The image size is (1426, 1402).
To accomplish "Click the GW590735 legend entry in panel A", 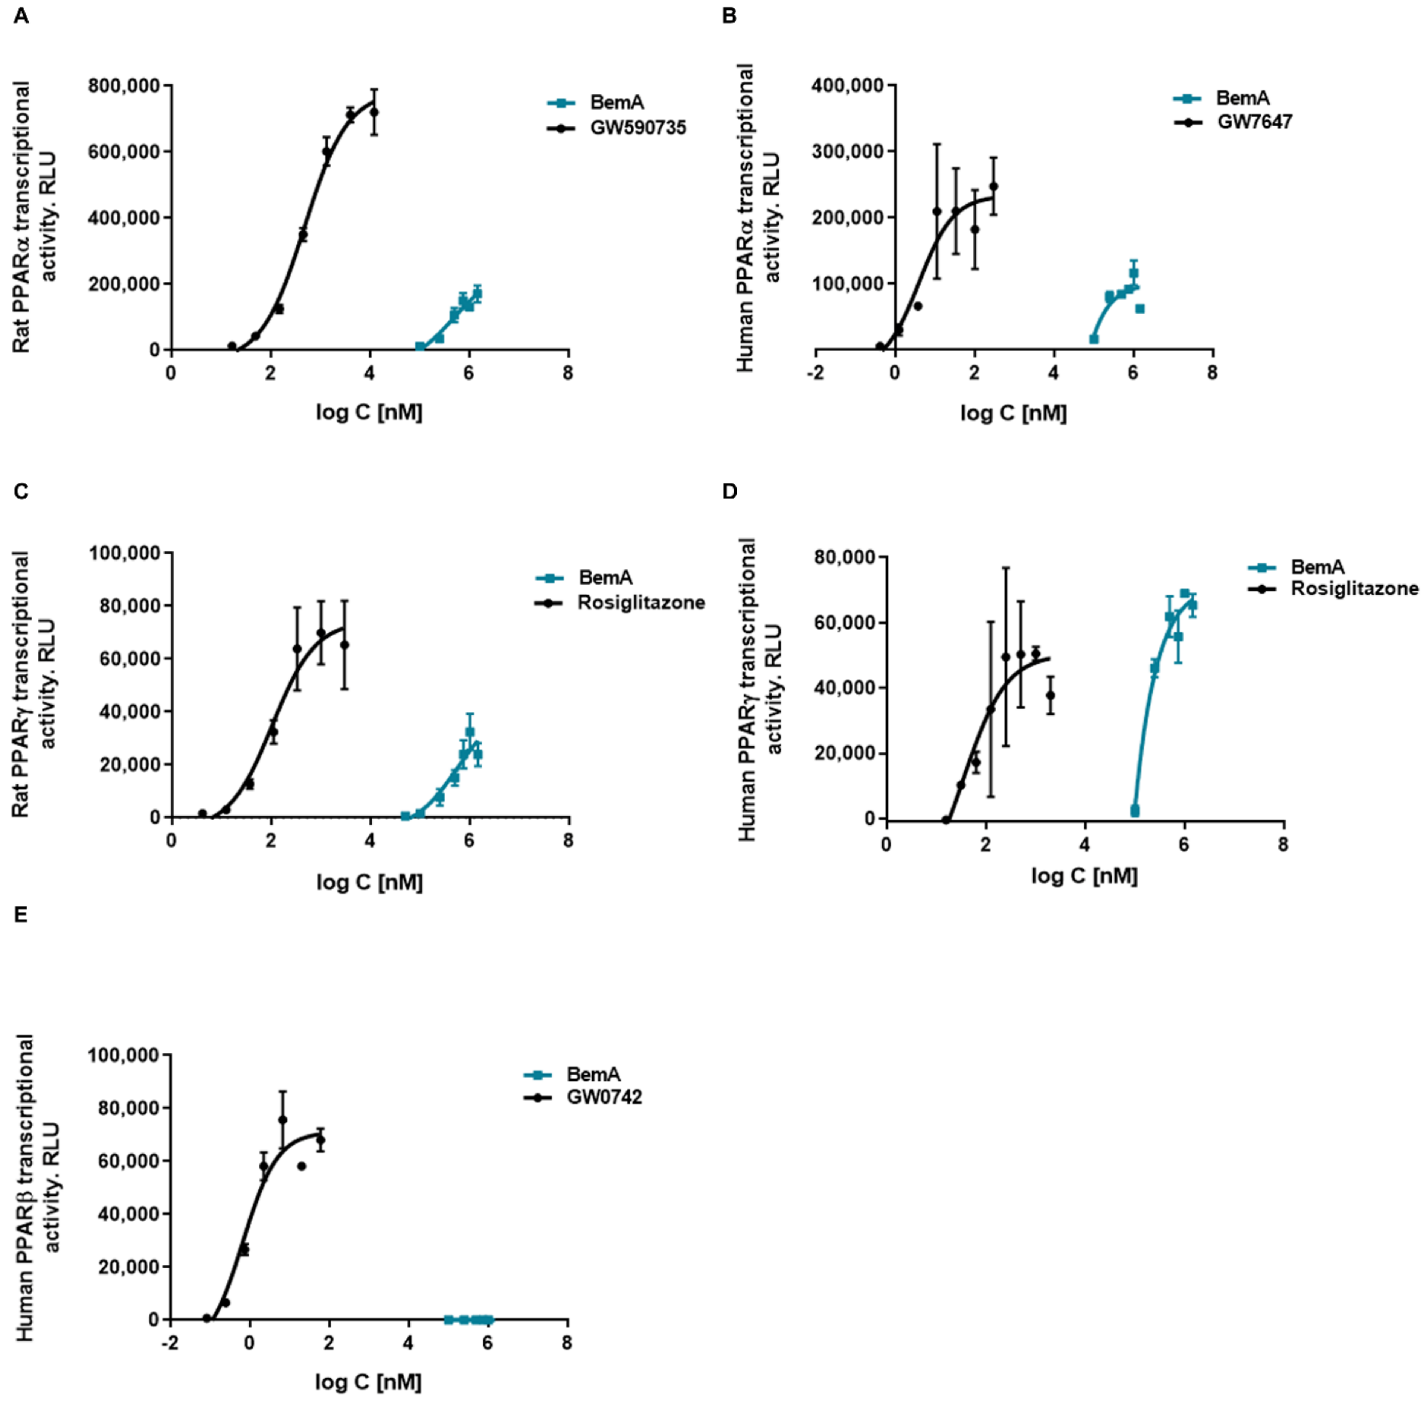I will coord(637,128).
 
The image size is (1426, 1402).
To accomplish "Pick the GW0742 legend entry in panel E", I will coord(604,1097).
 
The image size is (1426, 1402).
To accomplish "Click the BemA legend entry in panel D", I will coord(1317,567).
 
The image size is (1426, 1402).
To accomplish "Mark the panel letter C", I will coord(21,491).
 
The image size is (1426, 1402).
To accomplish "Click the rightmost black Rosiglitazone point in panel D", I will coord(1050,695).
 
